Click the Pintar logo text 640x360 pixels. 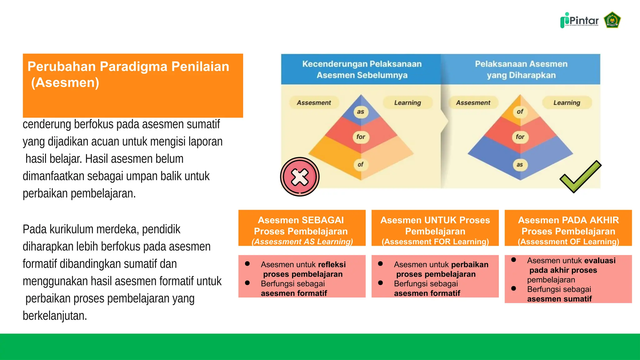[x=583, y=21]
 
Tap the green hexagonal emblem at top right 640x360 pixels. [x=612, y=20]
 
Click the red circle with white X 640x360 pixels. [x=300, y=177]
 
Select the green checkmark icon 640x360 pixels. [x=580, y=177]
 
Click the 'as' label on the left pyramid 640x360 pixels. [x=361, y=112]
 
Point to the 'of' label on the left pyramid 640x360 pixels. [x=361, y=165]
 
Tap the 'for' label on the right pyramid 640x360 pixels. [x=520, y=137]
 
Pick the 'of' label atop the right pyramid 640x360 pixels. [x=520, y=112]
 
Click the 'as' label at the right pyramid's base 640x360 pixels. [x=520, y=165]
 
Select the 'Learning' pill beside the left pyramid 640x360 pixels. [x=407, y=103]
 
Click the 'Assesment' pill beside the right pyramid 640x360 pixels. [x=473, y=103]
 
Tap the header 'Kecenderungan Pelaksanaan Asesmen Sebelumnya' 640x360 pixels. [x=362, y=69]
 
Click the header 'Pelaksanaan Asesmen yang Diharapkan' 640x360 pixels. [x=521, y=69]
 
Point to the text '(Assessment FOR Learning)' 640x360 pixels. [x=435, y=242]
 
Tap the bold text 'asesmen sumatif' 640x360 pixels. [x=559, y=299]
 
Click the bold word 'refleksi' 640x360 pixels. [x=332, y=265]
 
